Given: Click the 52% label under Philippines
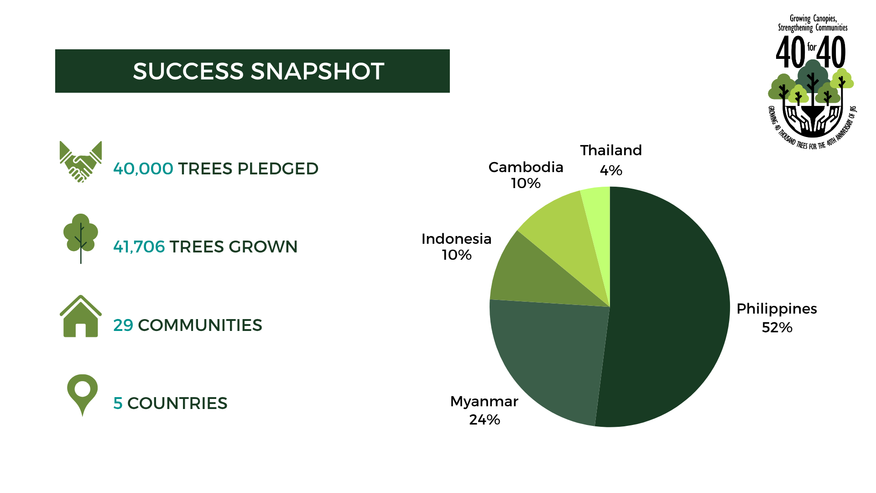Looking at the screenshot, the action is coord(777,328).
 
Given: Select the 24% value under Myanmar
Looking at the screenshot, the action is coord(485,420).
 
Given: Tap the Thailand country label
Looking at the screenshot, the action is coord(611,150).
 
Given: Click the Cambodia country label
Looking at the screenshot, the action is coord(526,167).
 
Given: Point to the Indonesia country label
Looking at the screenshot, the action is coord(456,239).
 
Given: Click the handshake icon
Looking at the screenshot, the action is coord(81,162).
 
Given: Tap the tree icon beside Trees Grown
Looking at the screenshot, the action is coord(81,238).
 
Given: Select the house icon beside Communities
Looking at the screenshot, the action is coord(81,316).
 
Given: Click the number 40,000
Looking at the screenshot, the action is coord(143,169).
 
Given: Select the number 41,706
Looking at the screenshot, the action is coord(139,247).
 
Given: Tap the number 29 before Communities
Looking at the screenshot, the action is coord(123,325).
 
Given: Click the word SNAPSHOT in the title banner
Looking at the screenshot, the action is coord(318,72).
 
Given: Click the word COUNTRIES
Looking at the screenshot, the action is coord(177,404).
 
